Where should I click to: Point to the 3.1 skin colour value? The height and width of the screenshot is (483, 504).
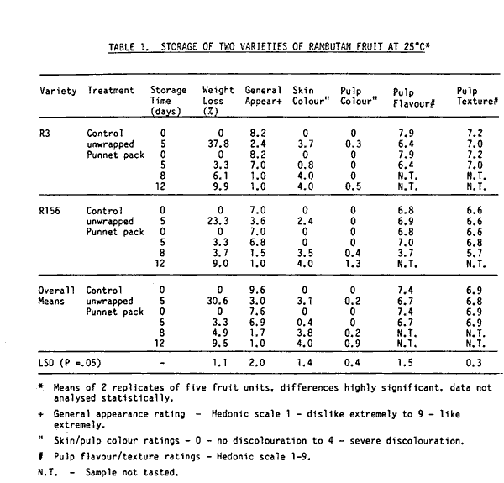tap(305, 300)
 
